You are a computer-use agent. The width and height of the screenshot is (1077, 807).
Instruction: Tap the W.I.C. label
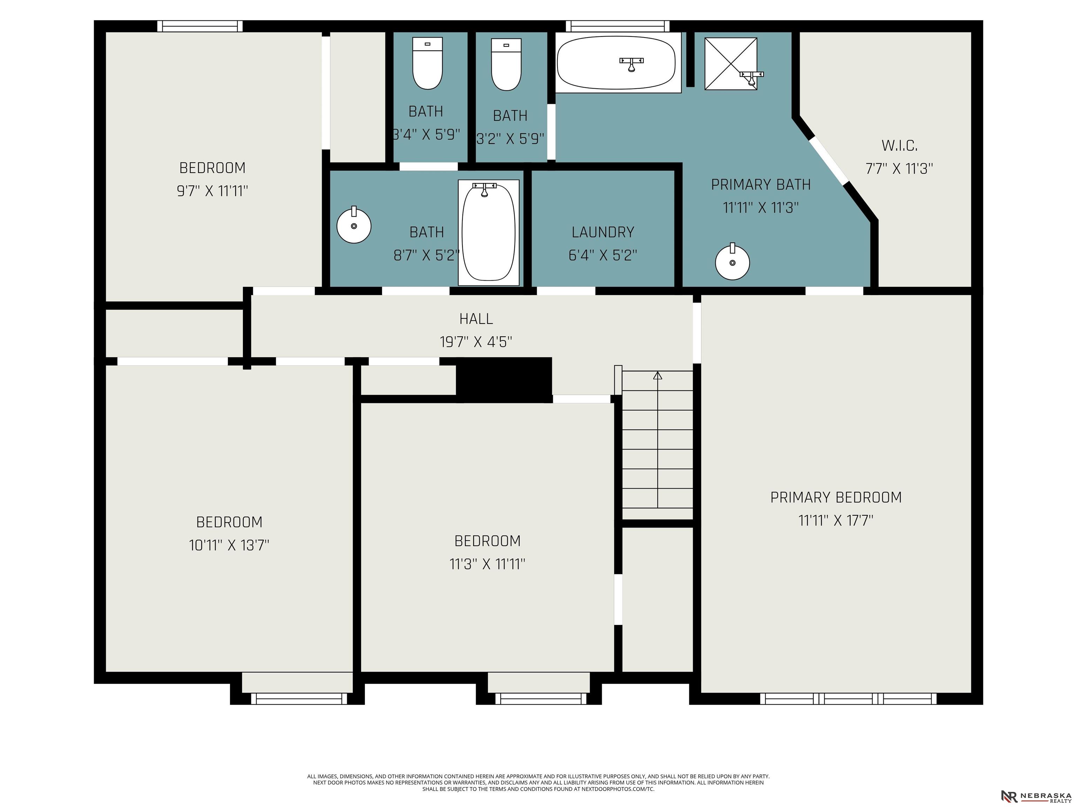[899, 145]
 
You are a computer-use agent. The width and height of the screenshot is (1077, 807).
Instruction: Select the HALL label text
[476, 319]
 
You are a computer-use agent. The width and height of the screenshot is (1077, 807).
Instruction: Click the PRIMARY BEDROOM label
[836, 497]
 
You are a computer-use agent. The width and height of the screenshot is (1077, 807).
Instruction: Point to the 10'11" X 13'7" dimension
[229, 545]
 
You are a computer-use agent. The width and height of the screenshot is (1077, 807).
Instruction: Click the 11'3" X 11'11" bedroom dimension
[487, 564]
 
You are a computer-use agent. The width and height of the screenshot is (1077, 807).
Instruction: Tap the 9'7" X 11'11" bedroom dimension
[212, 191]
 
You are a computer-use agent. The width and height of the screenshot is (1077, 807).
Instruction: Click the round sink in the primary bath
[732, 262]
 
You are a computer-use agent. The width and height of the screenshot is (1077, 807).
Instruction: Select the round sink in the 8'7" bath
[354, 225]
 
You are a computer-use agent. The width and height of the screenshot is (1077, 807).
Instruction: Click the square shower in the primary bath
[731, 64]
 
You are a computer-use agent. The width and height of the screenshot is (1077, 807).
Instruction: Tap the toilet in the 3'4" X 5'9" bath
[427, 63]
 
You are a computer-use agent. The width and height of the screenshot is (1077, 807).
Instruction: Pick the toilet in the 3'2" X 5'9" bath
[506, 65]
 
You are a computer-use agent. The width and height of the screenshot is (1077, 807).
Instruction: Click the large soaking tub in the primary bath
[616, 63]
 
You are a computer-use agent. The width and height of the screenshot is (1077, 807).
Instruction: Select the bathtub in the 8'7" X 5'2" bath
[488, 233]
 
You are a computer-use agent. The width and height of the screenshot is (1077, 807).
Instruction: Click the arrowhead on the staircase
[658, 375]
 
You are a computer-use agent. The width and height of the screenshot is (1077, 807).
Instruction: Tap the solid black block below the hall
[504, 380]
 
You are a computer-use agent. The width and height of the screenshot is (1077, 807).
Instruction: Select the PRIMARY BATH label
[761, 185]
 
